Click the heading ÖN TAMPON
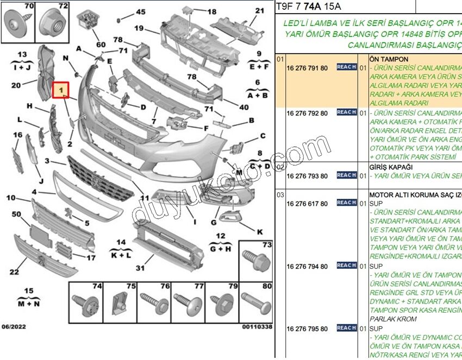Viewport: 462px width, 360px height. click(389, 59)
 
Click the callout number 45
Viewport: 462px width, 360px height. click(141, 12)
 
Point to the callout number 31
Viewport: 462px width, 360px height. click(140, 268)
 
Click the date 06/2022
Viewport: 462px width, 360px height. click(14, 327)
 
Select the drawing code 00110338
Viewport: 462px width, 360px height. click(257, 327)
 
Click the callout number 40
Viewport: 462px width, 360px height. click(244, 107)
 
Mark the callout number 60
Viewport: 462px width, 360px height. click(101, 45)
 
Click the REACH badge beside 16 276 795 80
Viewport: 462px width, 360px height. click(346, 328)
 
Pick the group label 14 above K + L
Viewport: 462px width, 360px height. click(121, 242)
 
